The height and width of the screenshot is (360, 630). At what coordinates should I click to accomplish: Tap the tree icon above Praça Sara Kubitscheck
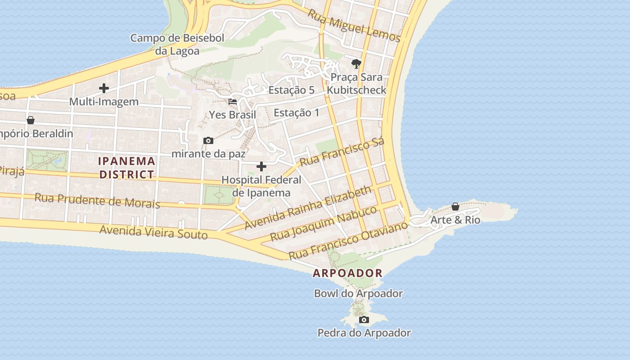tap(356, 63)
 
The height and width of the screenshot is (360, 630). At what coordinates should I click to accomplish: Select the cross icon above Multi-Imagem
tap(104, 88)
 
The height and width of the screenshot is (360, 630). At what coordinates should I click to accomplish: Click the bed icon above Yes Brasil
tap(233, 101)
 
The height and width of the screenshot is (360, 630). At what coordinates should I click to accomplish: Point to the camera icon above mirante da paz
tap(208, 140)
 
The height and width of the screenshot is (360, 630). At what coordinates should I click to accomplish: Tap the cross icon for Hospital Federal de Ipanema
tap(261, 166)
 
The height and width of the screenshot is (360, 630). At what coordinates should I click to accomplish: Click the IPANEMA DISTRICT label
tap(127, 167)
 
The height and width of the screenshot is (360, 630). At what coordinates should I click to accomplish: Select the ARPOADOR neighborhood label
tap(347, 273)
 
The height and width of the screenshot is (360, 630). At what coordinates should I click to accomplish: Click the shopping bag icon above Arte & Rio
tap(455, 207)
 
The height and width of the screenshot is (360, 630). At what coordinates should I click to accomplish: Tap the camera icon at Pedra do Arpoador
tap(364, 319)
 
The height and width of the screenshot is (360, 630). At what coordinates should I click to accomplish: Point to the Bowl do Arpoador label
tap(358, 293)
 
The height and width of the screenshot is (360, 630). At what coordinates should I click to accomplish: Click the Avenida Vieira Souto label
tap(153, 232)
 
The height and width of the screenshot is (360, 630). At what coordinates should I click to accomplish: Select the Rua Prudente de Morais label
tap(97, 201)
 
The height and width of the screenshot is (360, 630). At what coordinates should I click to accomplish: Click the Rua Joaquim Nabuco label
tap(323, 224)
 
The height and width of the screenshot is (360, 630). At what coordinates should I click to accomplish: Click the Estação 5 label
tap(291, 90)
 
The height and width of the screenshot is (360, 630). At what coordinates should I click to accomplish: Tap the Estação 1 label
tap(296, 112)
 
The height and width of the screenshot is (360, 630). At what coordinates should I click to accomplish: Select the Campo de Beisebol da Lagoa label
tap(177, 44)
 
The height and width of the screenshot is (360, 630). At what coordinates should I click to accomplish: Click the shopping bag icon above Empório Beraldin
tap(31, 120)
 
